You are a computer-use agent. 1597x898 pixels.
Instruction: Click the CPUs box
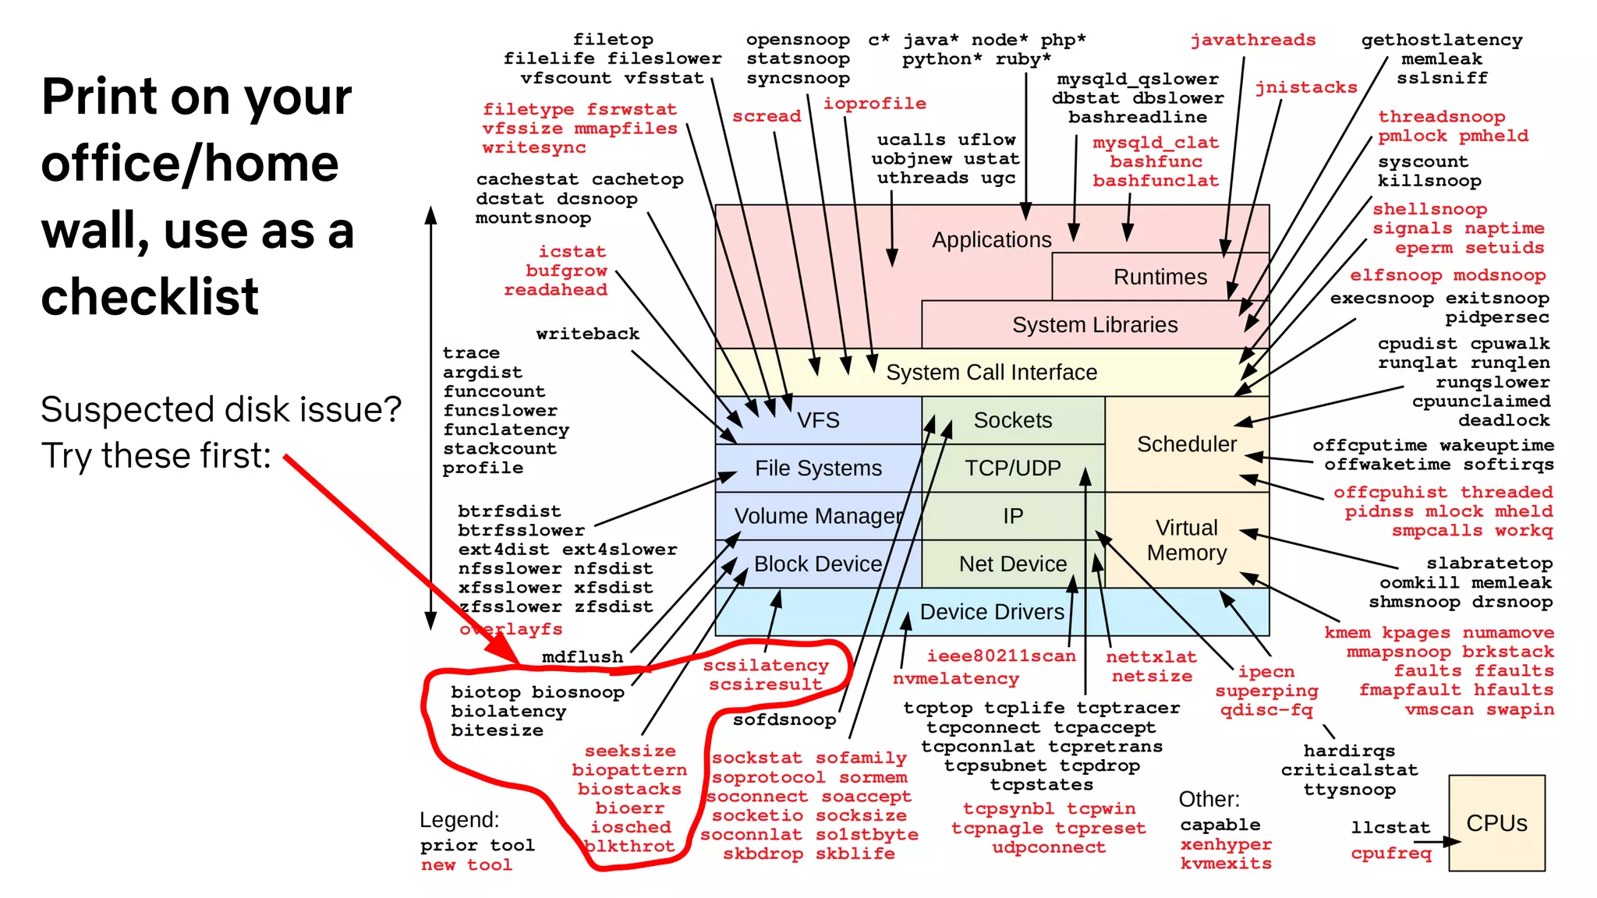1496,823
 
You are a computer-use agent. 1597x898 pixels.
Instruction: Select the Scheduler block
1186,444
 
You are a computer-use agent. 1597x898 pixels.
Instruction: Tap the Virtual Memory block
1186,540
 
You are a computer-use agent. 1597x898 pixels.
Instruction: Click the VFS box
818,421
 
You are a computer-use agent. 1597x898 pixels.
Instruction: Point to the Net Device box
1012,564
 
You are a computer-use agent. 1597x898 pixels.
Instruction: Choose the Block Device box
817,564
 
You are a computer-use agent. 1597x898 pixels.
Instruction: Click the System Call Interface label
991,373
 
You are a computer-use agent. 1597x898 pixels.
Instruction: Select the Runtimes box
1160,277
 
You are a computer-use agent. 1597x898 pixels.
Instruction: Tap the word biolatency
508,711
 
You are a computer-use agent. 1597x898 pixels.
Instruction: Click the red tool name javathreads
1252,40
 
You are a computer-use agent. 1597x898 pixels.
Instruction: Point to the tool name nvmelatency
955,679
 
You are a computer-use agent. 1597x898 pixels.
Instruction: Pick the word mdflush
582,657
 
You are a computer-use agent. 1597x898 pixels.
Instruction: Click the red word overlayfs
511,629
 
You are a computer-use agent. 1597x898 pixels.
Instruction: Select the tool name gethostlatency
1441,40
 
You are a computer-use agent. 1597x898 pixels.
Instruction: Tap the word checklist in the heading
150,297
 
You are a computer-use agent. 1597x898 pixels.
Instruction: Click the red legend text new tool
466,864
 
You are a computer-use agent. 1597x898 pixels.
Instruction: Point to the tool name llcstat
1390,827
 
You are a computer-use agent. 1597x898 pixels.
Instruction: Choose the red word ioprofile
874,103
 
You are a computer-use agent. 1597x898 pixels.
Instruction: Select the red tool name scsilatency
765,665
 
